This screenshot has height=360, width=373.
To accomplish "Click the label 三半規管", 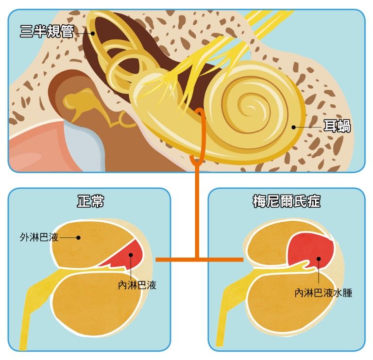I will pos(47,32).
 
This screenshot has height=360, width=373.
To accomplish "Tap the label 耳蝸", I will pos(337,127).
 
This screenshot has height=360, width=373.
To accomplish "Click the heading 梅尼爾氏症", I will pos(287,201).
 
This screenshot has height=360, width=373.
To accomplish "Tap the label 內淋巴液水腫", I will pos(323,294).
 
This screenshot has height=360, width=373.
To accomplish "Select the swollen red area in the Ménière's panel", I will pos(311,250).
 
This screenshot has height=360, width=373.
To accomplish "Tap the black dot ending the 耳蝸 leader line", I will pos(294,127).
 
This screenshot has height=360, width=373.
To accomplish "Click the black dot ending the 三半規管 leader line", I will pos(92,33).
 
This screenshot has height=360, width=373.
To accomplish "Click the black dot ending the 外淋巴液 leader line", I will pos(81,238).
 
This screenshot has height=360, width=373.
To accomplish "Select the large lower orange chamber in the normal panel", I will pos(97,306).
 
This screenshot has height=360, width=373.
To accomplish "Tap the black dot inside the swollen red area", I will pos(319,259).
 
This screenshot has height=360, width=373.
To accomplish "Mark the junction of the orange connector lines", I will pos(197,260).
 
